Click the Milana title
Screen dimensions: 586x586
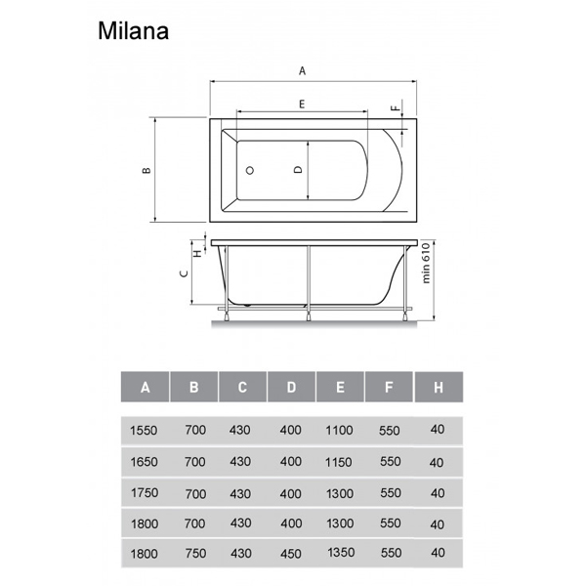click(133, 30)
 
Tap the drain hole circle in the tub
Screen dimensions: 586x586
click(250, 170)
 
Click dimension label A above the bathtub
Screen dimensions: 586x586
click(303, 70)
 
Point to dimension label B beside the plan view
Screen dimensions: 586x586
click(146, 170)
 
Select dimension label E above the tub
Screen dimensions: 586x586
click(302, 104)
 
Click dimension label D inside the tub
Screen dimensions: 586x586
click(298, 170)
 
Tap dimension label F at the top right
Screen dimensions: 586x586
click(396, 108)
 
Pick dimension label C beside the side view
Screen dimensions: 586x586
click(184, 273)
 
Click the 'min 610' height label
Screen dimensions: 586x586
click(426, 263)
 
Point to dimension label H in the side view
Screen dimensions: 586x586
click(198, 253)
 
